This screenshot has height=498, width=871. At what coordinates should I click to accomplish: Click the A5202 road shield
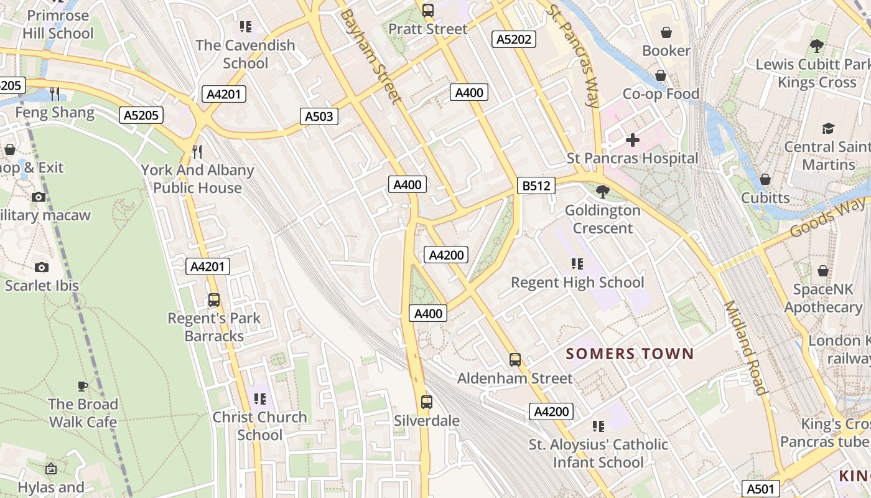514,40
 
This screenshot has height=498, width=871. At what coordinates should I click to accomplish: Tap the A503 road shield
319,116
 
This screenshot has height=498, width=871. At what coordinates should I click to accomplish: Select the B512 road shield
536,186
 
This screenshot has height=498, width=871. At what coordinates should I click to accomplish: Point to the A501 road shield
760,489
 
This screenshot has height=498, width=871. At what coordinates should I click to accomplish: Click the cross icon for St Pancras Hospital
633,140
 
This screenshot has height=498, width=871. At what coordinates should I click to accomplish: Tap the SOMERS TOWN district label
630,354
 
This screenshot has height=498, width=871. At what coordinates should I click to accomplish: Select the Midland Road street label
744,349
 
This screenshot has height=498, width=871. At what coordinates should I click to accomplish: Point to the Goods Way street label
829,217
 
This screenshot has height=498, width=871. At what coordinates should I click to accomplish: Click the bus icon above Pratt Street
427,10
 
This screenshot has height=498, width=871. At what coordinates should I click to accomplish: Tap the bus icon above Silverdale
426,402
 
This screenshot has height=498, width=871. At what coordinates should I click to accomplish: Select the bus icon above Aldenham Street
515,360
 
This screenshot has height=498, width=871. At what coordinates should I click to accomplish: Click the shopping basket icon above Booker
666,32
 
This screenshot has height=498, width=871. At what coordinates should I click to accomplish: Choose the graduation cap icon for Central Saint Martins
827,129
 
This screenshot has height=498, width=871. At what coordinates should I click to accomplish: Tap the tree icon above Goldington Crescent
602,192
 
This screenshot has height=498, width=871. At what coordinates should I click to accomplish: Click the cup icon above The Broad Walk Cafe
83,386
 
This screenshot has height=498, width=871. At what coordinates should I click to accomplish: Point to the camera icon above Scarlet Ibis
42,267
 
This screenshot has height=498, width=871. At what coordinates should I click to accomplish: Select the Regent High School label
577,283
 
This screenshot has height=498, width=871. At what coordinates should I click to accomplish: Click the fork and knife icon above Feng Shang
55,94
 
